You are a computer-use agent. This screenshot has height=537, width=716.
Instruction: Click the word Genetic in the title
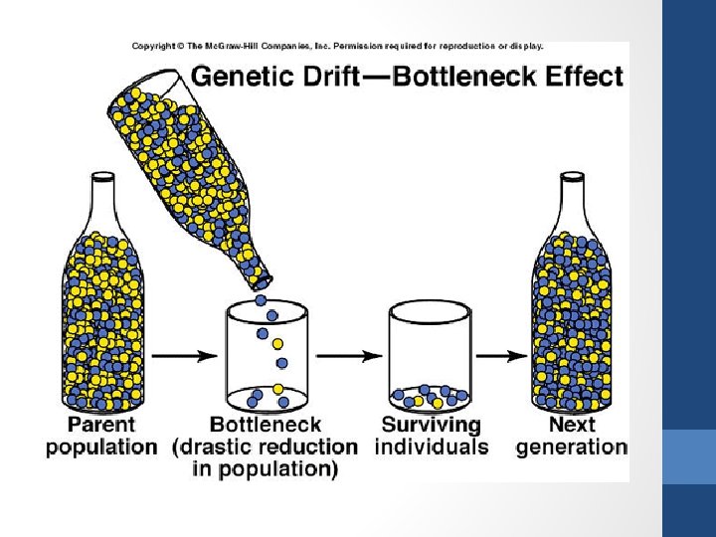pos(236,77)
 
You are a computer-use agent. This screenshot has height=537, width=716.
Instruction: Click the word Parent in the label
pos(101,425)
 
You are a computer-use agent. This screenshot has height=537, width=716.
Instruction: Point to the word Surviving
pos(432,425)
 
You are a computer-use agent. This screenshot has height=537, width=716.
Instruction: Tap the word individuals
pos(432,447)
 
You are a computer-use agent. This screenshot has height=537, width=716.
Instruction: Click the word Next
pos(573,425)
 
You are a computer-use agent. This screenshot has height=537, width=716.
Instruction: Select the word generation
pos(572,447)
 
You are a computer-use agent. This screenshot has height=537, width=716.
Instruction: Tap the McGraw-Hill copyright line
pos(338,46)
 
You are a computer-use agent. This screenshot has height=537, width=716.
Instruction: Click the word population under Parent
pos(101,447)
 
